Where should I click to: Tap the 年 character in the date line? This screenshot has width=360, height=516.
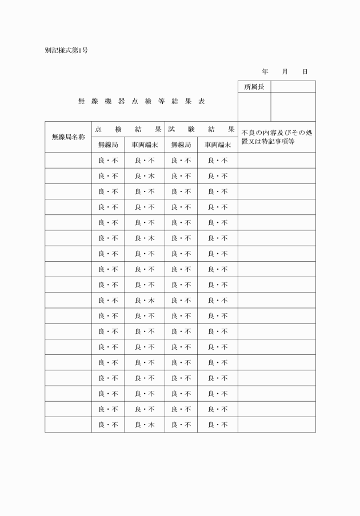coord(265,71)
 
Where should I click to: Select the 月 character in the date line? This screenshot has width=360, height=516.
coord(285,71)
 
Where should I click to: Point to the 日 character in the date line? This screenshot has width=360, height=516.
coord(305,71)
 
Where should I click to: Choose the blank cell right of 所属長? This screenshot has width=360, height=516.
coord(293,87)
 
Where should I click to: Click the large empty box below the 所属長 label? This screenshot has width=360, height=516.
coord(254,107)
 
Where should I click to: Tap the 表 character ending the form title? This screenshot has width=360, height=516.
coord(202,101)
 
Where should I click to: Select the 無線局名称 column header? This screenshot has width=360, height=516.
coord(68,137)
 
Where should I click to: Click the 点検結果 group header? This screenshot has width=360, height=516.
coord(128,129)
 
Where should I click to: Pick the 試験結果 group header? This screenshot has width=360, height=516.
coord(201,129)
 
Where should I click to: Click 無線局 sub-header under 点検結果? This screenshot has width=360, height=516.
coord(108,145)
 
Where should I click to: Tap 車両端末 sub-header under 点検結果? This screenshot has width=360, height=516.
coord(145,145)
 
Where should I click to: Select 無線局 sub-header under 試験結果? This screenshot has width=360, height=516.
coord(181,145)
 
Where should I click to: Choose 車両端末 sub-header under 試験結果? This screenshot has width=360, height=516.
coord(218,145)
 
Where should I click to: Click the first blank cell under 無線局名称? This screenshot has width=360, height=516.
coord(68,161)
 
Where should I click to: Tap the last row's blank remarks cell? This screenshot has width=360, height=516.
coord(277,425)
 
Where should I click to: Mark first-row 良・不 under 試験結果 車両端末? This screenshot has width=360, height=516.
coord(218,161)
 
